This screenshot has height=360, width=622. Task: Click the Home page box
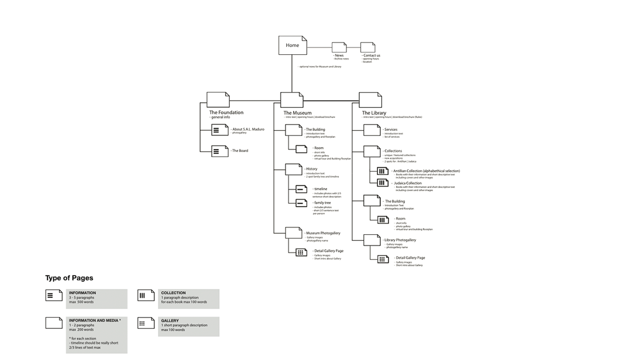click(x=292, y=45)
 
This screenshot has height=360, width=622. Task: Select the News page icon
click(x=339, y=47)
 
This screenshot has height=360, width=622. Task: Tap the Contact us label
click(x=371, y=56)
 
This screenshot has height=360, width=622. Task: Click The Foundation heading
click(x=226, y=113)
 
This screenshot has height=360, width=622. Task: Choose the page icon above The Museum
click(x=292, y=100)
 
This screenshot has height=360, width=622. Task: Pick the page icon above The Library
click(x=370, y=100)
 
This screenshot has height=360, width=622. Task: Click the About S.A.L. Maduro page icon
click(x=219, y=130)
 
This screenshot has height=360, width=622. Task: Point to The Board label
click(x=240, y=151)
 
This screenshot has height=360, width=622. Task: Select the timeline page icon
click(x=301, y=189)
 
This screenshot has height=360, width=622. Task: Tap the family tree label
click(x=322, y=203)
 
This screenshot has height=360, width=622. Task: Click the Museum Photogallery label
click(x=323, y=233)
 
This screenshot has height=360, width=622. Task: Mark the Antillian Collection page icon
click(x=383, y=171)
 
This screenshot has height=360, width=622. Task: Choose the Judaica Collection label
click(x=407, y=183)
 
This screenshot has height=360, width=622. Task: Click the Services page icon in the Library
click(x=372, y=130)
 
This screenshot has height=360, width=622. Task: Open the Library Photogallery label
click(x=400, y=240)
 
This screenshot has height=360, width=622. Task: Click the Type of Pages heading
click(x=69, y=278)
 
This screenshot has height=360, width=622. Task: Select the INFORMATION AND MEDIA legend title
click(x=95, y=320)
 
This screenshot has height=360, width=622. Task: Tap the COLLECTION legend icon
click(x=146, y=295)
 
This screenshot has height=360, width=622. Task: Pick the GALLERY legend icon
click(x=146, y=323)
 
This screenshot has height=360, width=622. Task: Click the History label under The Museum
click(x=311, y=169)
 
